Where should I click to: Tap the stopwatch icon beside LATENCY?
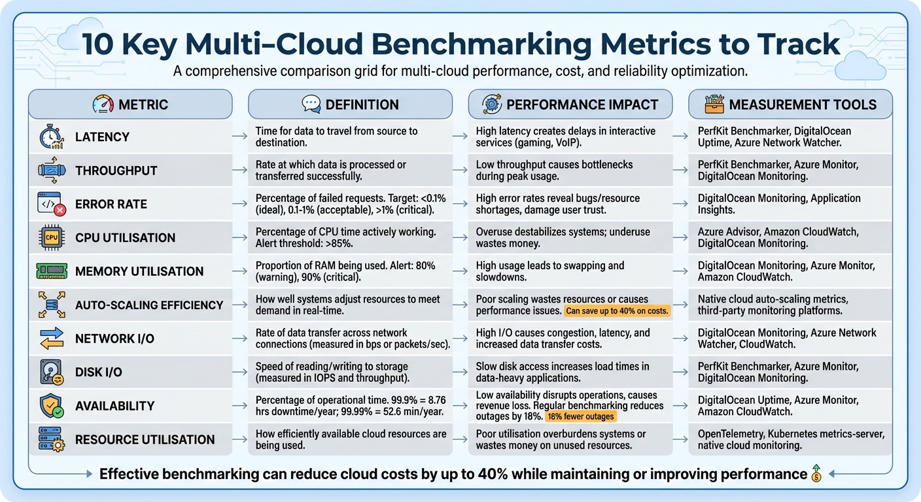click(50, 137)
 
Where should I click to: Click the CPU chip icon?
click(50, 238)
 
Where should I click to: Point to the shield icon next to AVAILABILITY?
click(50, 406)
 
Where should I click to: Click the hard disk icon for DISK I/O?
click(50, 372)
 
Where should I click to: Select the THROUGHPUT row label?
click(116, 171)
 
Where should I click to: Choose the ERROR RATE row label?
click(111, 205)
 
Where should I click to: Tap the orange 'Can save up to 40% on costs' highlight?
click(617, 312)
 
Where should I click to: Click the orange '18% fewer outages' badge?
click(580, 417)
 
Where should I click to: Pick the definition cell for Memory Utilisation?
click(350, 271)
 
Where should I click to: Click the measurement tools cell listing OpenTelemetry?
click(790, 439)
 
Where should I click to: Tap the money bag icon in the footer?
click(816, 474)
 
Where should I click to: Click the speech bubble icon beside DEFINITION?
click(311, 104)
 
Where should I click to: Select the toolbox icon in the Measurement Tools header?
click(714, 104)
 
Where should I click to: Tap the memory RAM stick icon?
click(50, 271)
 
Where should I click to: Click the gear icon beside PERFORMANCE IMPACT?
click(491, 104)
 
